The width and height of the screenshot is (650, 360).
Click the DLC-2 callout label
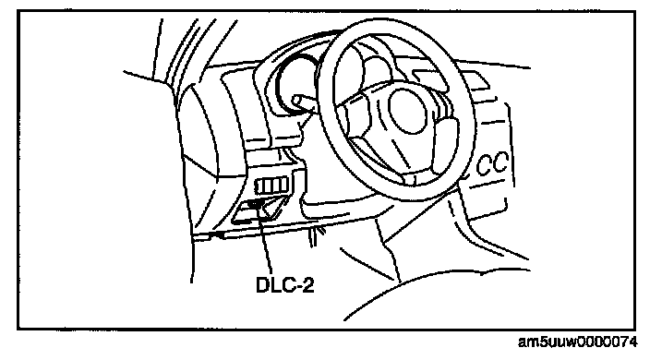coord(285,284)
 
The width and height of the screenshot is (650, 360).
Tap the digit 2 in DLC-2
coord(307,284)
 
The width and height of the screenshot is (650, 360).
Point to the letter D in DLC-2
coord(263,284)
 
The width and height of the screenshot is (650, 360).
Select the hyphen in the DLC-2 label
coord(296,287)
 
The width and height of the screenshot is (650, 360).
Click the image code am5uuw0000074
coord(577,342)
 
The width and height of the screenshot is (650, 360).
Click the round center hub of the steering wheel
coord(407,111)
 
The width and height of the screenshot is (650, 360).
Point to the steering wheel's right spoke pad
coord(443,137)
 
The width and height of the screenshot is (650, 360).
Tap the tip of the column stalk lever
coord(295,100)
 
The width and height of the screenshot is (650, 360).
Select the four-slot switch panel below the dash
coord(271,185)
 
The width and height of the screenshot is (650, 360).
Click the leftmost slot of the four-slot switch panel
coord(260,186)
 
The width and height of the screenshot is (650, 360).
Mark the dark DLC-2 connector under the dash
coord(254,204)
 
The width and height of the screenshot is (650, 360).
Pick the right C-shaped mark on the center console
coord(500,162)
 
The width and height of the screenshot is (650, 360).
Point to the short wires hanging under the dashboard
coord(317,235)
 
